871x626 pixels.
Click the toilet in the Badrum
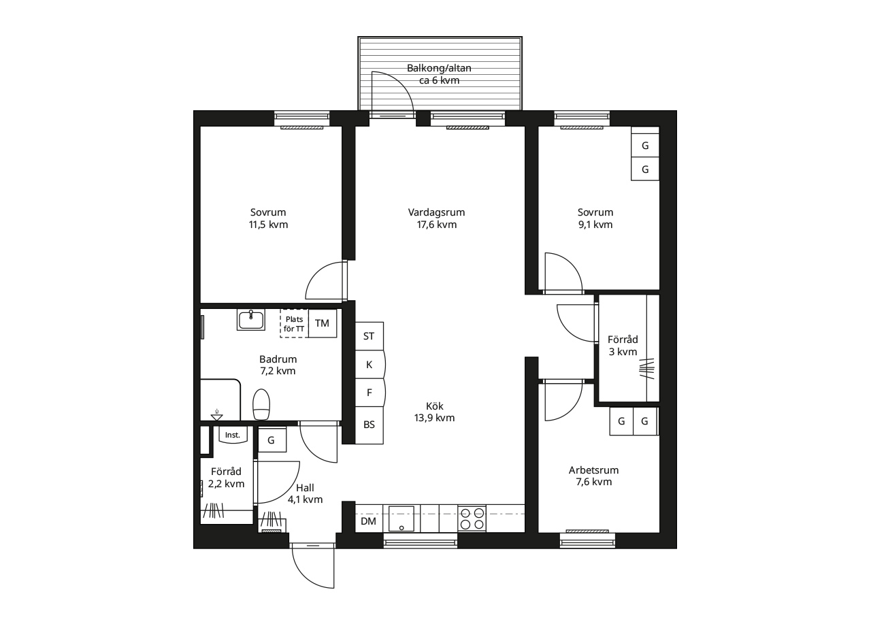tap(261, 404)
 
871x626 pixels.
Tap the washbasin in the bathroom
tap(251, 320)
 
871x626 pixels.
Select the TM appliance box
tap(323, 323)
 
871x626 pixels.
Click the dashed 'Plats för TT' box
tap(295, 323)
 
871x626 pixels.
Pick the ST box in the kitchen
tap(369, 336)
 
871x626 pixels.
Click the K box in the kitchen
tap(369, 365)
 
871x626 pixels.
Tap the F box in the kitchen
tap(369, 393)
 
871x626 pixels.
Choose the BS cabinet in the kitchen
tap(369, 425)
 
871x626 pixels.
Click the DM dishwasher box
tap(369, 521)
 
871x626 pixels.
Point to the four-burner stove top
tap(472, 518)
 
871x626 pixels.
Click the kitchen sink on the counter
tap(401, 518)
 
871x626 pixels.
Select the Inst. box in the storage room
tap(233, 434)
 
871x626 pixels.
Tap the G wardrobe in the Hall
tap(272, 440)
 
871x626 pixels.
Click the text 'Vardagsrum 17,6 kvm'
tap(437, 218)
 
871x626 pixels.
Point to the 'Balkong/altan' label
tap(439, 68)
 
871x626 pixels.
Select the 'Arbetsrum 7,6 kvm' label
tap(594, 476)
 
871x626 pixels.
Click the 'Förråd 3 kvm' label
tap(623, 346)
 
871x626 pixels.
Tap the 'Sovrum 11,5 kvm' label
tap(268, 218)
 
